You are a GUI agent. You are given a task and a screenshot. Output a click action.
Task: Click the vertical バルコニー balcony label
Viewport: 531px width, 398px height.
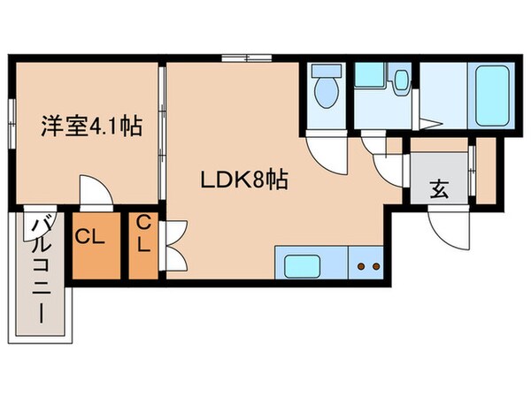tap(41, 272)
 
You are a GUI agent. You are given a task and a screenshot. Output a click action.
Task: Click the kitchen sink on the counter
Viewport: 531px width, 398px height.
tap(305, 264)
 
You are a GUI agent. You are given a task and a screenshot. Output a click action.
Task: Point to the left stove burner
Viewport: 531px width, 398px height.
tap(360, 264)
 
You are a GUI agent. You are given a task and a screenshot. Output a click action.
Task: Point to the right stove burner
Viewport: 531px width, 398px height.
tap(375, 264)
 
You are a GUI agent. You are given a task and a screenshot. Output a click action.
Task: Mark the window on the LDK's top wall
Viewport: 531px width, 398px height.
tap(247, 59)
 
